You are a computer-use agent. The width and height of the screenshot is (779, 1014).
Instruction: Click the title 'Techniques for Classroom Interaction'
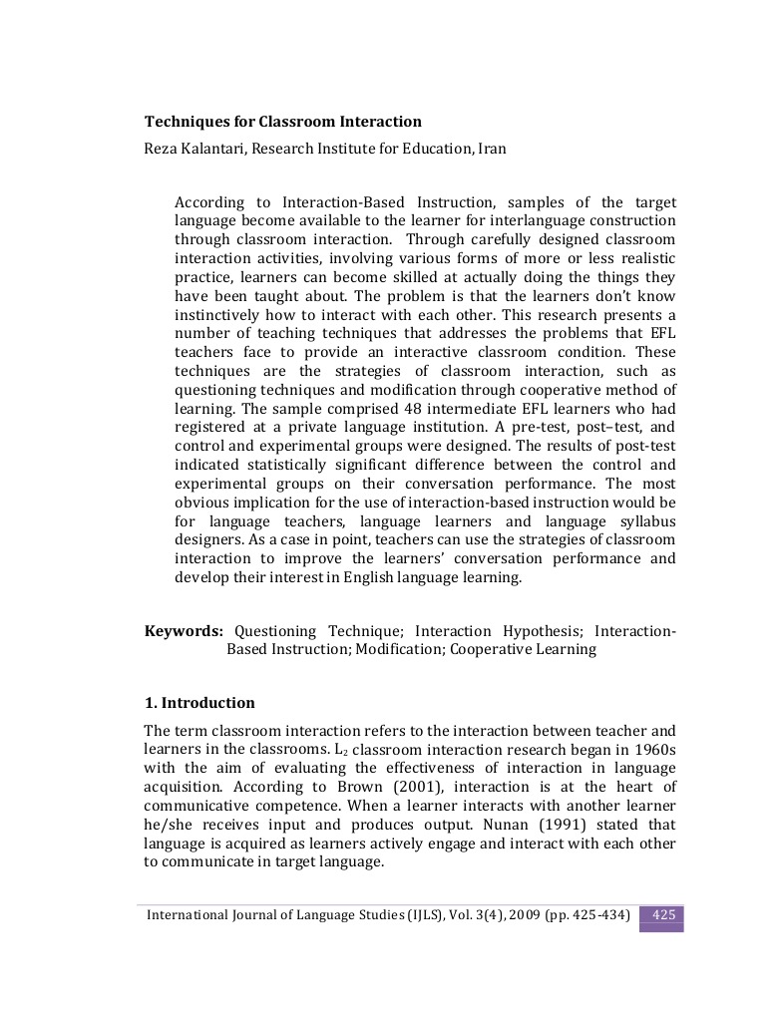[283, 122]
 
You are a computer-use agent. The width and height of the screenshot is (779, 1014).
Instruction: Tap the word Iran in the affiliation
[492, 149]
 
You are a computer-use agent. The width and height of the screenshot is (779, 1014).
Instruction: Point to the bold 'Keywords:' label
[184, 631]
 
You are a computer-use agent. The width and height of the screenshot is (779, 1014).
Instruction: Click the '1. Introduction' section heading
[199, 702]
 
